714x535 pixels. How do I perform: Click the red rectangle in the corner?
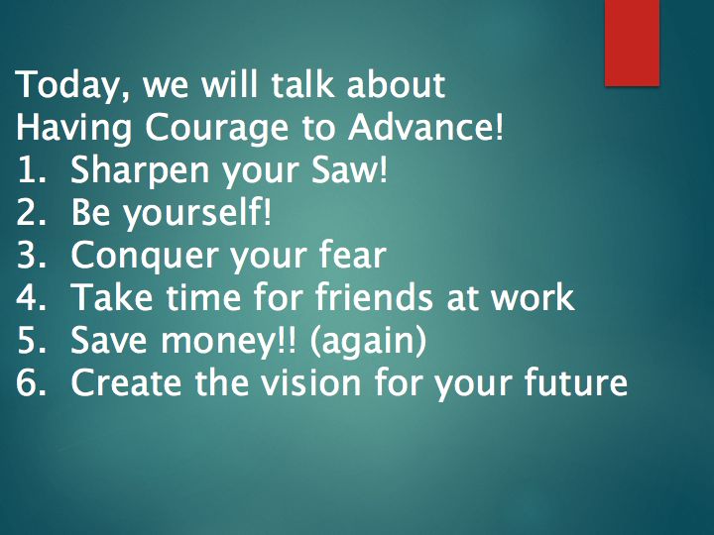pyautogui.click(x=632, y=43)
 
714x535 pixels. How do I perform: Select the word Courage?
pyautogui.click(x=216, y=129)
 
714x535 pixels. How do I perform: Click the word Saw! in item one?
pyautogui.click(x=350, y=168)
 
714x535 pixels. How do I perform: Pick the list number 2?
pyautogui.click(x=31, y=212)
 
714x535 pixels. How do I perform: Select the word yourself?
pyautogui.click(x=198, y=214)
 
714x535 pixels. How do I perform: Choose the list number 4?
pyautogui.click(x=31, y=297)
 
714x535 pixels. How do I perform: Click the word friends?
pyautogui.click(x=374, y=296)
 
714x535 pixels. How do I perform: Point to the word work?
pyautogui.click(x=533, y=296)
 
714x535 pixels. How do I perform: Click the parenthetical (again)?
pyautogui.click(x=368, y=341)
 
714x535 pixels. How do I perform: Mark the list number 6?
pyautogui.click(x=31, y=382)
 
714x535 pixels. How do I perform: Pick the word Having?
pyautogui.click(x=73, y=129)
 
